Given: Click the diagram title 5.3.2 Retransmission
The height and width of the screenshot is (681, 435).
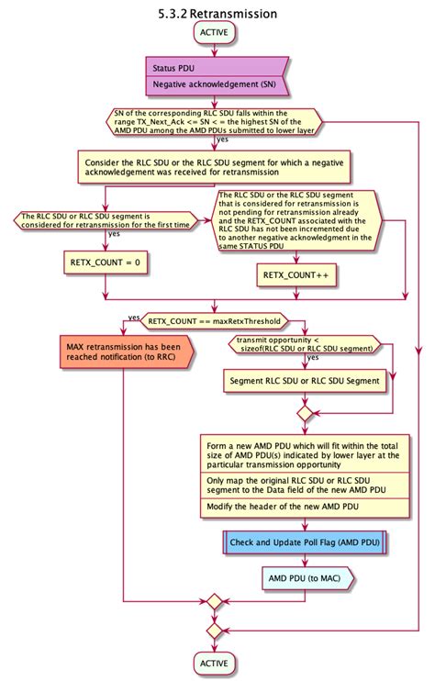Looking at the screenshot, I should coord(217,14).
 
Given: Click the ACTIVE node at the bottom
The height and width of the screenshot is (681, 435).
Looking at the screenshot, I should coord(214,663).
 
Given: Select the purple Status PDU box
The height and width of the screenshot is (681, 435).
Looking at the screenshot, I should coord(172,68).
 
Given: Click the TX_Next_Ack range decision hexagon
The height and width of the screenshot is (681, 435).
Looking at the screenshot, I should coord(213,122).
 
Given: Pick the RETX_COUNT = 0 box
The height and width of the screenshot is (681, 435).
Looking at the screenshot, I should coord(106,263).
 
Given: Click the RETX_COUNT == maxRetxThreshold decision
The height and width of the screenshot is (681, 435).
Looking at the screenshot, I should coord(214,321).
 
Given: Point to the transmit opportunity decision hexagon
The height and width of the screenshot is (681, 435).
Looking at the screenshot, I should coord(304,346).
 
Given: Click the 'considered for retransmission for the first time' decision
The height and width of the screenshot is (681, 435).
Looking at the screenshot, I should coord(106,221).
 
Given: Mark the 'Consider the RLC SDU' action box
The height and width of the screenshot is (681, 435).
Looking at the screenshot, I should coord(213,166).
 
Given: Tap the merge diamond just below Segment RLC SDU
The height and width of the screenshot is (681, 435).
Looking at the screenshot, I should coord(304,414).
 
